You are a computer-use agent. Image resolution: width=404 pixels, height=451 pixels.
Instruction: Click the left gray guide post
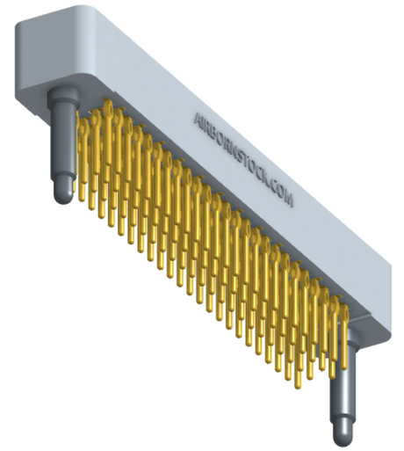pyautogui.click(x=62, y=145)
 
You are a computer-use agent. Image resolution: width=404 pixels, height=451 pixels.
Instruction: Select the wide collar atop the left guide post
pyautogui.click(x=63, y=97)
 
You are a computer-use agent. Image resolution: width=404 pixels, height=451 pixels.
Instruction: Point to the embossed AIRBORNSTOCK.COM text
pyautogui.click(x=243, y=159)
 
